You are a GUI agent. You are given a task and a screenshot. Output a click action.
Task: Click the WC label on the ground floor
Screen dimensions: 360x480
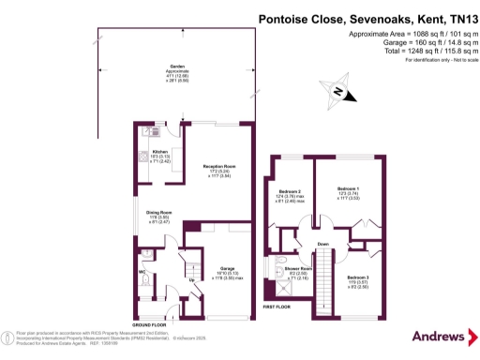(x=142, y=274)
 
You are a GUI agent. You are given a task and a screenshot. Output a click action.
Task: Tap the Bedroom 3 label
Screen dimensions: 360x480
(x=357, y=277)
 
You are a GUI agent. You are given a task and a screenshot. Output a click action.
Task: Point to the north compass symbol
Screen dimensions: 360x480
(x=337, y=91)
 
